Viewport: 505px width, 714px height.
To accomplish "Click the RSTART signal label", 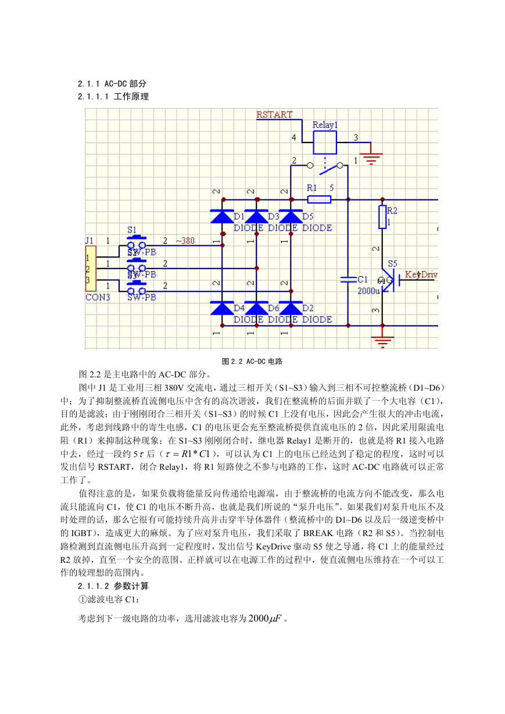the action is (274, 115).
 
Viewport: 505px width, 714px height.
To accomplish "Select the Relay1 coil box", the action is (325, 142).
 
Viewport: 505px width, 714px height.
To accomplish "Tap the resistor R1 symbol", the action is (319, 199).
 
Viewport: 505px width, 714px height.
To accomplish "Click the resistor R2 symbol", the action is (382, 217).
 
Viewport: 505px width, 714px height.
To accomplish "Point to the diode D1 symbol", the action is (222, 216).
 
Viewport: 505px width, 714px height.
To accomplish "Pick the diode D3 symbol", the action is (256, 216).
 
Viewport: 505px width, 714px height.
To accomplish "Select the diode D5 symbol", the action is (291, 216).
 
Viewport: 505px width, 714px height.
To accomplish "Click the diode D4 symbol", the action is (222, 308).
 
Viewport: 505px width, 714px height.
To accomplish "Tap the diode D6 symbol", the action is (256, 308).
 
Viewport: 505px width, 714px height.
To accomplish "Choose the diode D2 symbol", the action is (291, 308).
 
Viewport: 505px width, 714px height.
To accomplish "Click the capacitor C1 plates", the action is (348, 280).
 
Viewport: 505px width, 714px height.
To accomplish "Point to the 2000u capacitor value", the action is (368, 291).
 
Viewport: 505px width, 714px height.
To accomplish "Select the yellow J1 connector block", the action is (91, 269).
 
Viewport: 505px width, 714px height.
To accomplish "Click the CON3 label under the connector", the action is (98, 297).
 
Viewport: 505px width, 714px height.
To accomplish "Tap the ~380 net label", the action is (185, 241).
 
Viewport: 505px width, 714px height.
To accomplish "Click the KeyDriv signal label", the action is (421, 274).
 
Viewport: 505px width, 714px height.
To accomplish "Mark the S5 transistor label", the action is (392, 263).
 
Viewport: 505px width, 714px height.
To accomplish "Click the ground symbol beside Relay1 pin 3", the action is (371, 159).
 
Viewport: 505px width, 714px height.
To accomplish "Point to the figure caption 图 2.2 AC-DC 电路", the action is (252, 361).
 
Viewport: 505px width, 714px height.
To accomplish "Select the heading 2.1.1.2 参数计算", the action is (113, 586).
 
